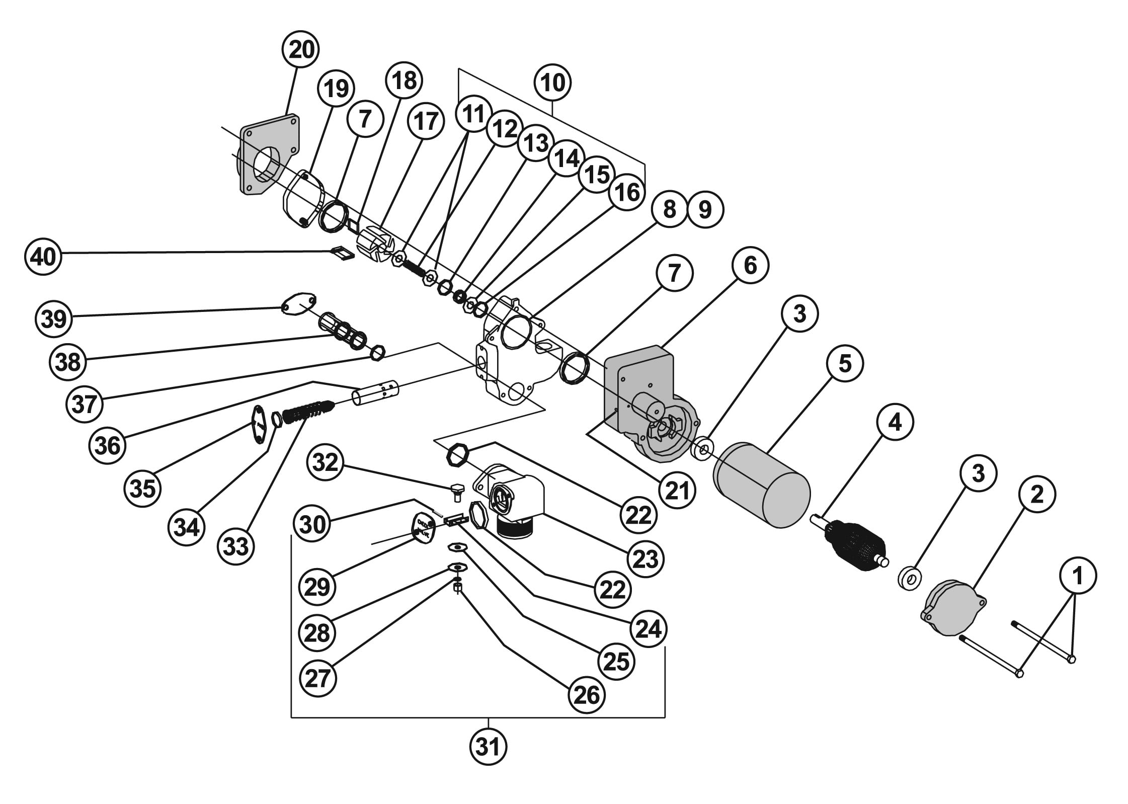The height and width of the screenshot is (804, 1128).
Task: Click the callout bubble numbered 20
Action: [x=301, y=49]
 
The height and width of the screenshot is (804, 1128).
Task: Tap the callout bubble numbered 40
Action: [x=43, y=257]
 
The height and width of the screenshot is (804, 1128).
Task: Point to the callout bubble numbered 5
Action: [x=844, y=363]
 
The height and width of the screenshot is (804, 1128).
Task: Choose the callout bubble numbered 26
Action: [x=587, y=695]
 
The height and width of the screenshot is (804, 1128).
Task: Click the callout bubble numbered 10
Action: [x=553, y=83]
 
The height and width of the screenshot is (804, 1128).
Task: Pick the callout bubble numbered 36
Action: [x=108, y=446]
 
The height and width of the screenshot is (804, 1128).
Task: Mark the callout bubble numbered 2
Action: [x=1037, y=495]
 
